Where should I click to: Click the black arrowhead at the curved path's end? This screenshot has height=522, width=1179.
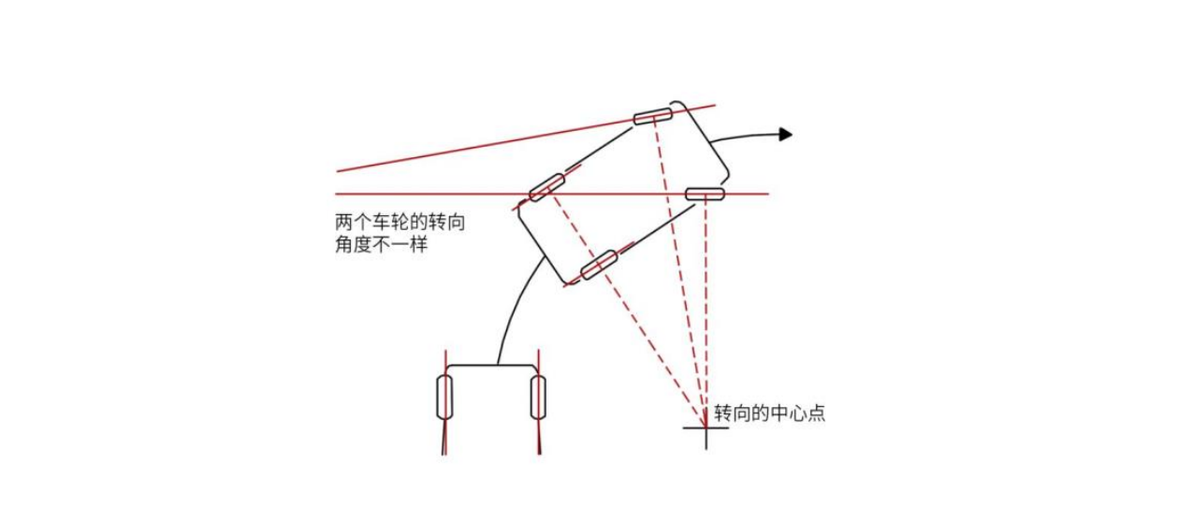pos(786,135)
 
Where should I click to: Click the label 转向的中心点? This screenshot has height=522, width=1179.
pos(769,413)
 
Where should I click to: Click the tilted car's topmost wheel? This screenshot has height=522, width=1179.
pos(653,116)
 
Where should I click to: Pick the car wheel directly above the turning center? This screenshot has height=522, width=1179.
pos(705,194)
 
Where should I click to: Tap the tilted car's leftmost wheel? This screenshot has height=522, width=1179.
pos(546,187)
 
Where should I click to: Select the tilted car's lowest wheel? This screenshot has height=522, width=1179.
pos(598,266)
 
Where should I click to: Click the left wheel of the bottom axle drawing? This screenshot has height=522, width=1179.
pos(444,398)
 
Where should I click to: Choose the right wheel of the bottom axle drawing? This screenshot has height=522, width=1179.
pos(538,397)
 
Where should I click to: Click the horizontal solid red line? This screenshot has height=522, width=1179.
pos(421,194)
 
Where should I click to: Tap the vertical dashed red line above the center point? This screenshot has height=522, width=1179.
pos(705,309)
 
